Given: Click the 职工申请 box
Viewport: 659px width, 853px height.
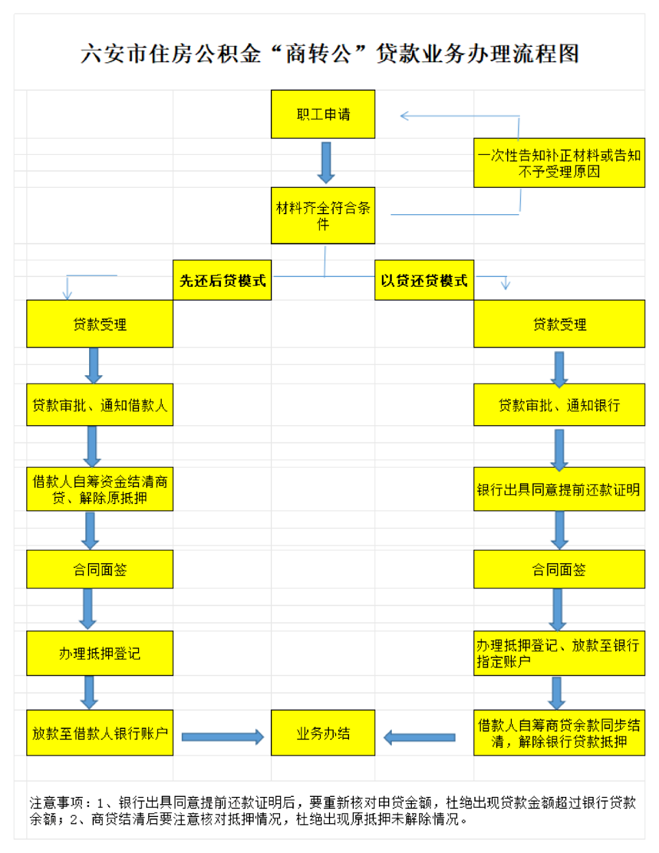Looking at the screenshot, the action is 323,114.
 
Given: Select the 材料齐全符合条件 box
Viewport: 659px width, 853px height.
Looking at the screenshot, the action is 323,215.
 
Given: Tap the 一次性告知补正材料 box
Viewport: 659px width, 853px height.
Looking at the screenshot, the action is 559,162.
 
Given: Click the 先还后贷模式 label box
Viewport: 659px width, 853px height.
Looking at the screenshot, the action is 222,280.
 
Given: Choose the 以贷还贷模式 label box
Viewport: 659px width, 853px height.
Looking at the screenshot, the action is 424,280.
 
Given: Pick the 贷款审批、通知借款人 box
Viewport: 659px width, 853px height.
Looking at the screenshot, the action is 99,405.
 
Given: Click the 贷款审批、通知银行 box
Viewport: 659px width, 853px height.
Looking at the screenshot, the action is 559,405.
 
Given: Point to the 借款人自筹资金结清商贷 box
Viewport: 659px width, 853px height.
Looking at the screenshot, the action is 99,489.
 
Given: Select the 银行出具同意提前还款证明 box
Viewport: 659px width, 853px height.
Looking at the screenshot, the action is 559,489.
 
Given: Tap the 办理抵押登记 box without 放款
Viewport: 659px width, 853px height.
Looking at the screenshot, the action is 99,653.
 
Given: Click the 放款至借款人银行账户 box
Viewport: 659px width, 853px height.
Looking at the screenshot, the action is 99,732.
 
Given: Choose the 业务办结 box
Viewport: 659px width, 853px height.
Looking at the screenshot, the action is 323,732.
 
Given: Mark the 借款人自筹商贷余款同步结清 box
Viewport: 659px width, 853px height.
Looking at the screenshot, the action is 559,732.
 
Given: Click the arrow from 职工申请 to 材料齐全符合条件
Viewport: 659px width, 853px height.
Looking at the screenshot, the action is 326,162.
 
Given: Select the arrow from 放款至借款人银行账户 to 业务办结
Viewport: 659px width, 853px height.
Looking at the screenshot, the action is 223,737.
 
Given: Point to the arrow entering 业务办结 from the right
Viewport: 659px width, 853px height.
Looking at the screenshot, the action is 419,738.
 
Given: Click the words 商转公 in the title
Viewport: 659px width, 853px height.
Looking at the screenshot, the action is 318,53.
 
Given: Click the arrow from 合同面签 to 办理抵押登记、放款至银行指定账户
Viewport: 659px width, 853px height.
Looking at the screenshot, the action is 557,610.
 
